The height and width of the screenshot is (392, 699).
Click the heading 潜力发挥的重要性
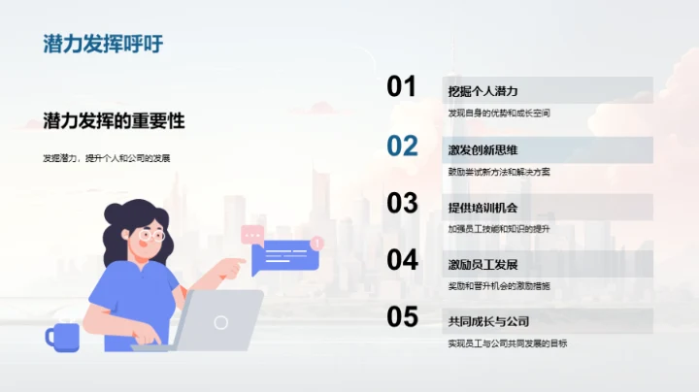[114, 121]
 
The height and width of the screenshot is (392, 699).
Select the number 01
[402, 87]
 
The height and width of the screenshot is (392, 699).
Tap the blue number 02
[402, 146]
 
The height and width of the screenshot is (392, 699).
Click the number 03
[402, 203]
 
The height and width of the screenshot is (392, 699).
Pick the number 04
[402, 260]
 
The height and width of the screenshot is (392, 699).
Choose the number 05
[402, 317]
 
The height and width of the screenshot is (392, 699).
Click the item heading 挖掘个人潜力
[483, 92]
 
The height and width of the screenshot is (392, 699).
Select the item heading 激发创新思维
[483, 150]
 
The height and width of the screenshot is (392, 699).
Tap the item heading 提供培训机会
[483, 208]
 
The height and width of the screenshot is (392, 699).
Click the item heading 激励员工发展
[483, 265]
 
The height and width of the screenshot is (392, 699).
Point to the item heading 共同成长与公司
[488, 321]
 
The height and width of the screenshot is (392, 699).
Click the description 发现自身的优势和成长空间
[499, 114]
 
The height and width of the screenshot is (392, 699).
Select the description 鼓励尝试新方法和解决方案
[499, 172]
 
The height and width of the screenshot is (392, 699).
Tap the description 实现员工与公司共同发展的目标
[508, 343]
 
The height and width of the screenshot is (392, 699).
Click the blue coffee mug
[63, 336]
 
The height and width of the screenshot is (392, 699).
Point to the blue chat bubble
[285, 256]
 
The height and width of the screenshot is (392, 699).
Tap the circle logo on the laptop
[221, 322]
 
